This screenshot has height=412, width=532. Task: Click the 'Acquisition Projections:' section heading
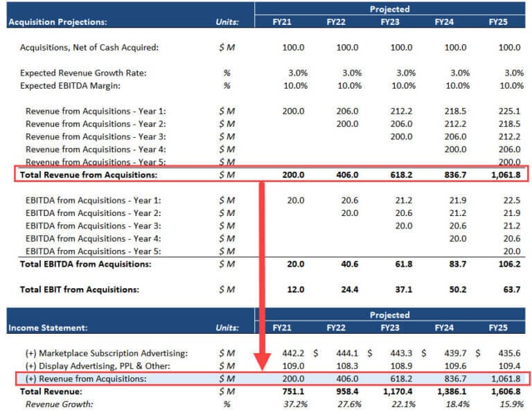coord(57,22)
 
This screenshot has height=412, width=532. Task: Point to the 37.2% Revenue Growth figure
coord(294,404)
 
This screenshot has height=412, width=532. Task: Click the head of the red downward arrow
coord(263,364)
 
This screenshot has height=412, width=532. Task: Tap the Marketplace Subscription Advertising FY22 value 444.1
coord(348,353)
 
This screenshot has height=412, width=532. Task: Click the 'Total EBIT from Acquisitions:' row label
coord(80,289)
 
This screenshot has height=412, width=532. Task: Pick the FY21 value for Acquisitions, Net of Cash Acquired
coord(294,48)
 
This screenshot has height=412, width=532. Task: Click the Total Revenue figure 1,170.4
coord(398,391)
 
